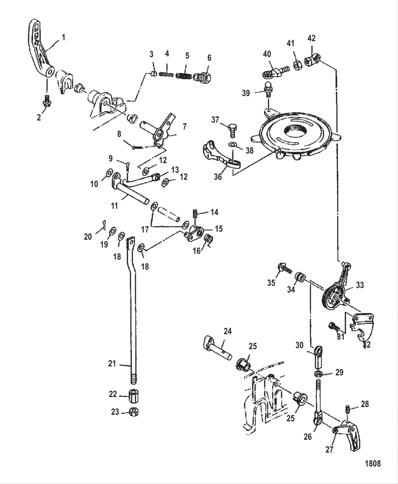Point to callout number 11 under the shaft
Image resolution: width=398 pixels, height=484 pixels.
[x=114, y=206]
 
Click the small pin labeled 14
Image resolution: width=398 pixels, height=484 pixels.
[x=196, y=216]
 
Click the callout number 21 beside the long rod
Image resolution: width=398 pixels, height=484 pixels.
[x=112, y=363]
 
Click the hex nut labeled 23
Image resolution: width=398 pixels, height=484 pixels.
[x=134, y=412]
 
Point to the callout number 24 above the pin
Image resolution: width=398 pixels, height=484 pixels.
[x=227, y=331]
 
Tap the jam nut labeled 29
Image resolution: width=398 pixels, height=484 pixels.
[x=319, y=373]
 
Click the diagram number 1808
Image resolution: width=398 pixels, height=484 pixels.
[x=373, y=463]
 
